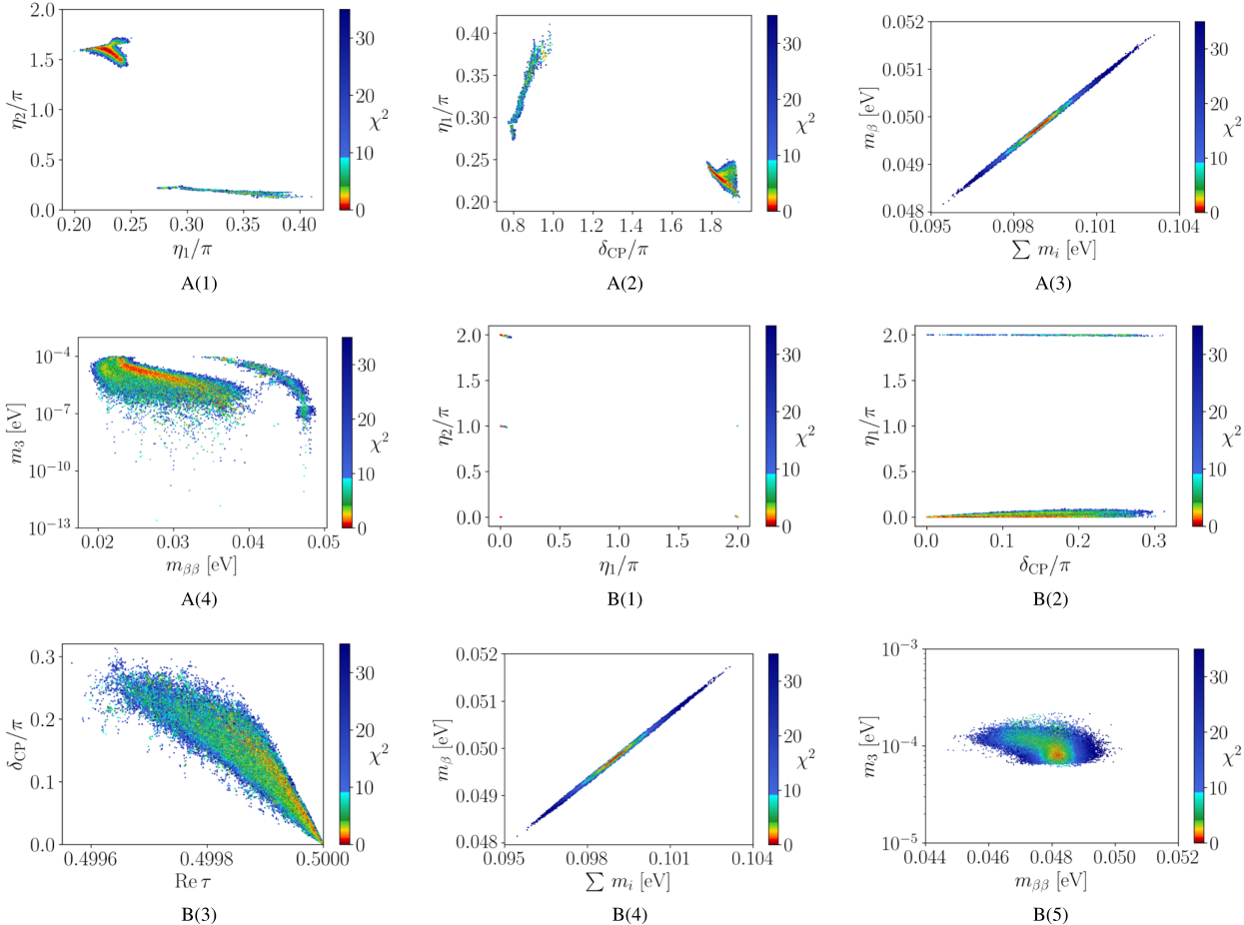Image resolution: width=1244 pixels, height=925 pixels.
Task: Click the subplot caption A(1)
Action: click(x=196, y=282)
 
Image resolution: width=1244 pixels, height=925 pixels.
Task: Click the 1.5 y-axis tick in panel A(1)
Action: click(x=47, y=61)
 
